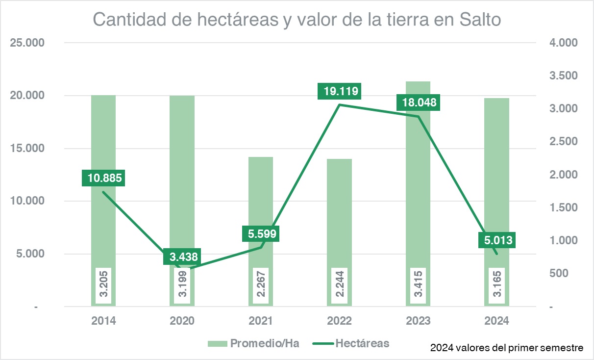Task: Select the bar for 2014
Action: pyautogui.click(x=103, y=147)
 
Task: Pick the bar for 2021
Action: pyautogui.click(x=261, y=196)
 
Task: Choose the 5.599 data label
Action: pyautogui.click(x=261, y=234)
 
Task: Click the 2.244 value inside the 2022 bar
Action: pyautogui.click(x=340, y=286)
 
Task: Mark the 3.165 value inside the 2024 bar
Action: pyautogui.click(x=497, y=286)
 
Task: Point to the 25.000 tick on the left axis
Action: pyautogui.click(x=28, y=43)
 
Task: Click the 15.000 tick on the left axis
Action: pyautogui.click(x=28, y=149)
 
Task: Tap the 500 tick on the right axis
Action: pyautogui.click(x=559, y=273)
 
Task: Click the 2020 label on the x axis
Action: pyautogui.click(x=182, y=321)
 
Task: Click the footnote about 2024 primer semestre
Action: pyautogui.click(x=507, y=348)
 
